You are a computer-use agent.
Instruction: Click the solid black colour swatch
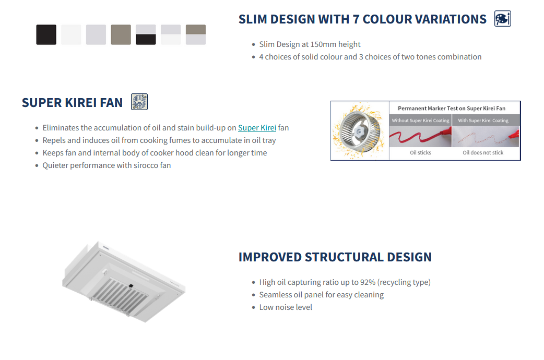(x=46, y=34)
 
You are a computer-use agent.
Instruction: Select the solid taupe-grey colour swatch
(x=121, y=34)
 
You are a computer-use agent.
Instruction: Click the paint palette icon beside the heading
(x=502, y=19)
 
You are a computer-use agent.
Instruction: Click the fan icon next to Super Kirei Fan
(x=139, y=102)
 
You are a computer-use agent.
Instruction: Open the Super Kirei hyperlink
(x=257, y=128)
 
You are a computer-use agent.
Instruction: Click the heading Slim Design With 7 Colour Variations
(x=362, y=19)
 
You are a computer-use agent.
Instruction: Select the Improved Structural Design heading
(x=335, y=257)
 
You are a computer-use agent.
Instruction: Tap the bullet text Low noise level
(x=286, y=307)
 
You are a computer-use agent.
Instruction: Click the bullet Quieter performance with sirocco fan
(x=107, y=165)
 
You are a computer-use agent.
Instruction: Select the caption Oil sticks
(x=420, y=153)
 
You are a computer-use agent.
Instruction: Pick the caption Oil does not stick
(x=483, y=153)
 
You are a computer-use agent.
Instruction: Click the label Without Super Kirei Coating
(x=420, y=121)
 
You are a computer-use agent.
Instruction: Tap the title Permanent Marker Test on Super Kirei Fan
(x=452, y=109)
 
